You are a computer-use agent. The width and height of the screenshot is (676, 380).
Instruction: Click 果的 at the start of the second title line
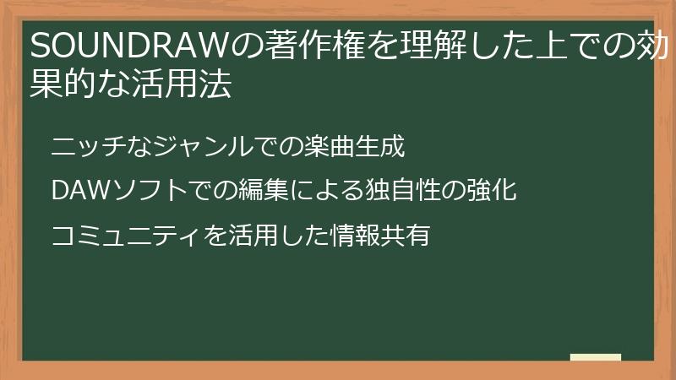(62, 85)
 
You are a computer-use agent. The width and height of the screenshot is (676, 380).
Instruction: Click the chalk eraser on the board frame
(595, 357)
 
